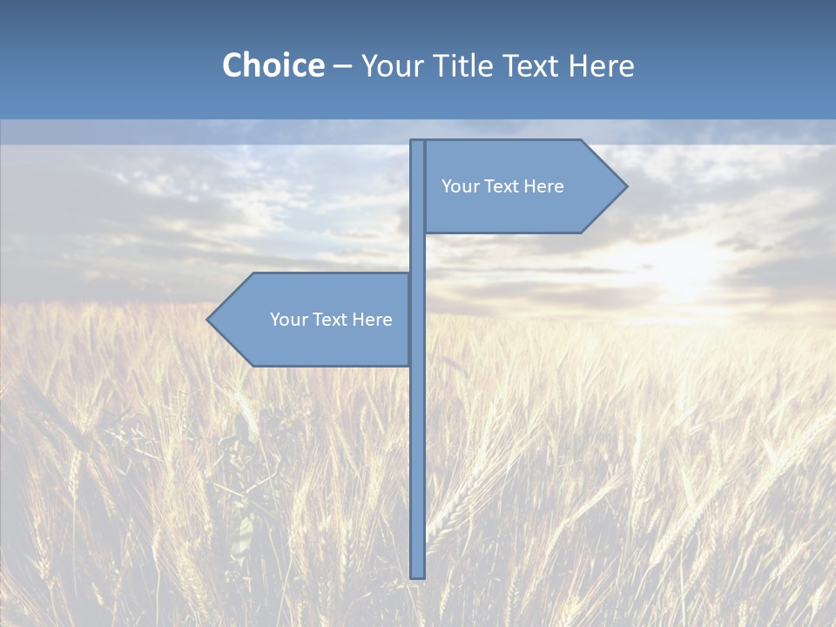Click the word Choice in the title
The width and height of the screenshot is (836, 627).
pyautogui.click(x=273, y=65)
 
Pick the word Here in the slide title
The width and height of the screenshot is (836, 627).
pyautogui.click(x=602, y=65)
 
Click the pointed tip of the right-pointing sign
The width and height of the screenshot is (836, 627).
pyautogui.click(x=624, y=185)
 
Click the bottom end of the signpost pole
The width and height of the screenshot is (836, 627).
pyautogui.click(x=418, y=575)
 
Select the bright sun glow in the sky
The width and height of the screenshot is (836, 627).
pyautogui.click(x=688, y=261)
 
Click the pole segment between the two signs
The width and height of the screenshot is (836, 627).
pyautogui.click(x=418, y=253)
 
